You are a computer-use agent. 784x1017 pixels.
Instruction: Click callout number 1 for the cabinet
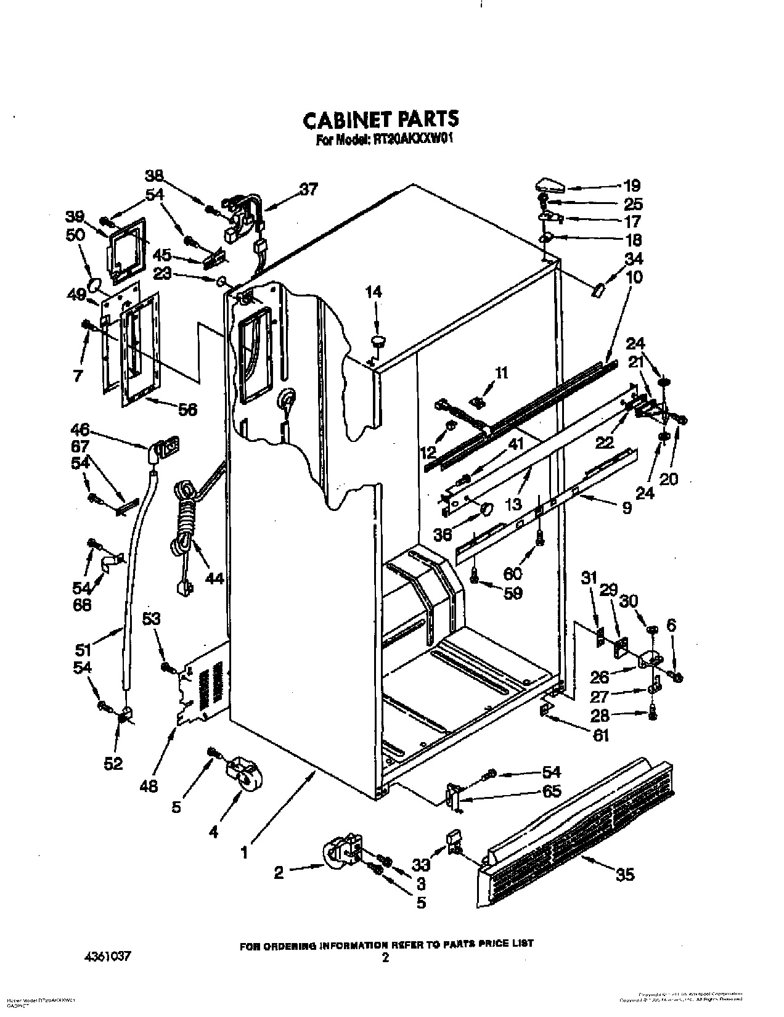pos(245,853)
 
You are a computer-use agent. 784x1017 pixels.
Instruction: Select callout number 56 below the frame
pos(188,409)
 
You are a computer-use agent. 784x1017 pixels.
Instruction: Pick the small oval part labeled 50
pos(93,285)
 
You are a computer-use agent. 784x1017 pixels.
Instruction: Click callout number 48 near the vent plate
pos(149,785)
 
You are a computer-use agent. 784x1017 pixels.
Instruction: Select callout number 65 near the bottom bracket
pos(552,791)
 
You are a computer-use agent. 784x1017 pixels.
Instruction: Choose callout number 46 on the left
pos(80,429)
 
